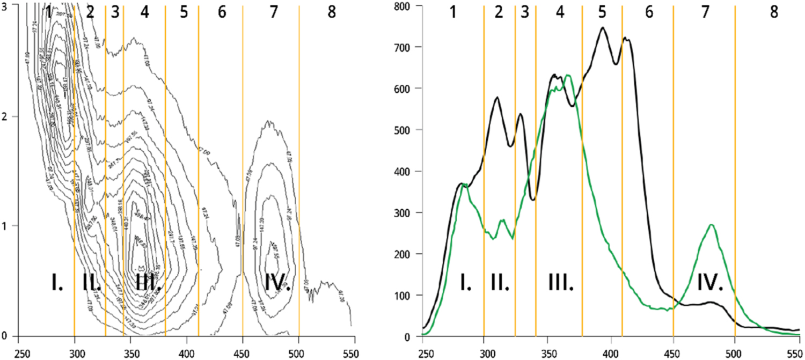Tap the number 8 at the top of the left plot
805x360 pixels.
coord(332,13)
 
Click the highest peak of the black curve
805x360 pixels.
coord(602,28)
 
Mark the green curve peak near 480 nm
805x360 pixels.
coord(712,225)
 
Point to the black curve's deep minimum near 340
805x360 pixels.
coord(532,200)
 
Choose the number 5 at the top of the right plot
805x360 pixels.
coord(602,13)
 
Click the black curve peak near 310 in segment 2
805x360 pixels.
coord(497,98)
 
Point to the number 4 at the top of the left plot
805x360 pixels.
coord(144,13)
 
